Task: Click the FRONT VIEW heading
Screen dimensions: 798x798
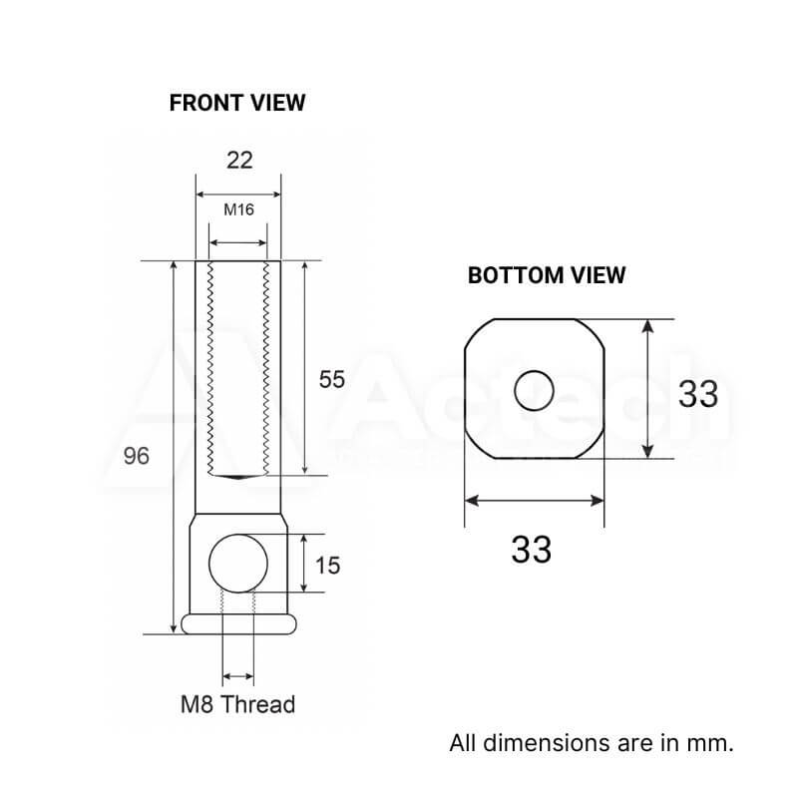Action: pos(237,103)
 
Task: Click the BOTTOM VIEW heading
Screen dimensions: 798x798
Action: pos(547,275)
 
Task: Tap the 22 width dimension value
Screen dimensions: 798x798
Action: pos(239,161)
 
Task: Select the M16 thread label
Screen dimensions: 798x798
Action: pos(238,209)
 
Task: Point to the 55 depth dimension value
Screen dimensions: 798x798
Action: pos(332,380)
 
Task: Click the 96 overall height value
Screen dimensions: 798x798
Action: pos(137,456)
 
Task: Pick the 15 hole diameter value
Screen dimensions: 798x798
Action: pos(327,566)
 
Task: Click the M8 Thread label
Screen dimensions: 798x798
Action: pos(238,704)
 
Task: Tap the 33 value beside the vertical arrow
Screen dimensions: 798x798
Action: pos(698,394)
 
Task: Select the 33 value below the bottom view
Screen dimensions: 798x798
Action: pos(532,550)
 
